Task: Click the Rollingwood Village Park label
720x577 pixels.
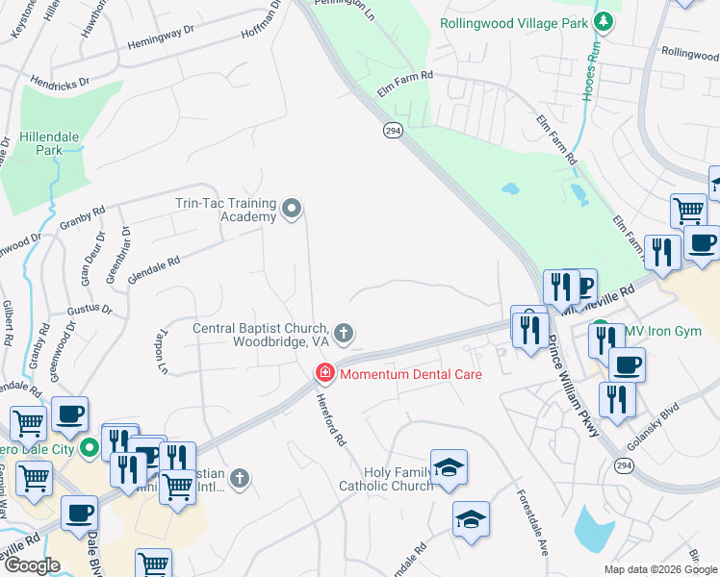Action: click(513, 22)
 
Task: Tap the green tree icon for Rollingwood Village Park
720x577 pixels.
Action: click(603, 21)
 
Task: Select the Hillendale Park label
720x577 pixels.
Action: click(36, 143)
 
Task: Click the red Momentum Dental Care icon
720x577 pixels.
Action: click(325, 373)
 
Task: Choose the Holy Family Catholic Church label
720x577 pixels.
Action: click(385, 479)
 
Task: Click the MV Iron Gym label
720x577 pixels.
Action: click(662, 332)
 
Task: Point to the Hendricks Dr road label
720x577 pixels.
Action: click(66, 81)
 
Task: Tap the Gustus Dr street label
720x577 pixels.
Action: click(90, 311)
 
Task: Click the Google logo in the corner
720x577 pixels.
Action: click(32, 565)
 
